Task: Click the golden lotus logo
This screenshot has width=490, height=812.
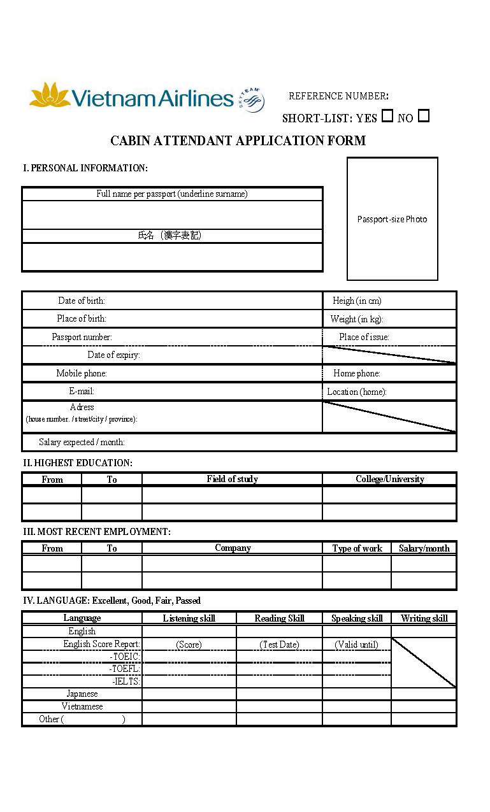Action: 50,95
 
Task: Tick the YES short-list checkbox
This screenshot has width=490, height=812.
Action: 387,116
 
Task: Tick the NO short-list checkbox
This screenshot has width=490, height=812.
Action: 424,116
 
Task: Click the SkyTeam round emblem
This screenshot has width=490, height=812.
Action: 252,100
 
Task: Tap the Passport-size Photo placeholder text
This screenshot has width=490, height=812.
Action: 392,219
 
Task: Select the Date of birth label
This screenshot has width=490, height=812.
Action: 82,301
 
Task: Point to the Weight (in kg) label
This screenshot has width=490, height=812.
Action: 357,319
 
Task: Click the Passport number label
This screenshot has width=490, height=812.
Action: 82,337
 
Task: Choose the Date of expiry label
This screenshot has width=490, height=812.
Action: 113,355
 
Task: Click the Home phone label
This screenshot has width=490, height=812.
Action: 356,373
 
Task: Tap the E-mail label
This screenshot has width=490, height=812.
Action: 82,392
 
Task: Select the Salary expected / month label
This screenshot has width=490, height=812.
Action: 82,442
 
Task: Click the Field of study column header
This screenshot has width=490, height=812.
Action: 232,479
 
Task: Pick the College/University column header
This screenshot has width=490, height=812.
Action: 389,479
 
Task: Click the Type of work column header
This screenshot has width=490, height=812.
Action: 357,548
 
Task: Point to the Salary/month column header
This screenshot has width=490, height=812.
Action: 424,548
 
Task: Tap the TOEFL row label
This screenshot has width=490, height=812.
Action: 124,669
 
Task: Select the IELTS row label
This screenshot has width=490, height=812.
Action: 126,681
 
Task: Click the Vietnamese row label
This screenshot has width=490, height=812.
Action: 82,706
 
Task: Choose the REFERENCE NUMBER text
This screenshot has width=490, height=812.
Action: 338,96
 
